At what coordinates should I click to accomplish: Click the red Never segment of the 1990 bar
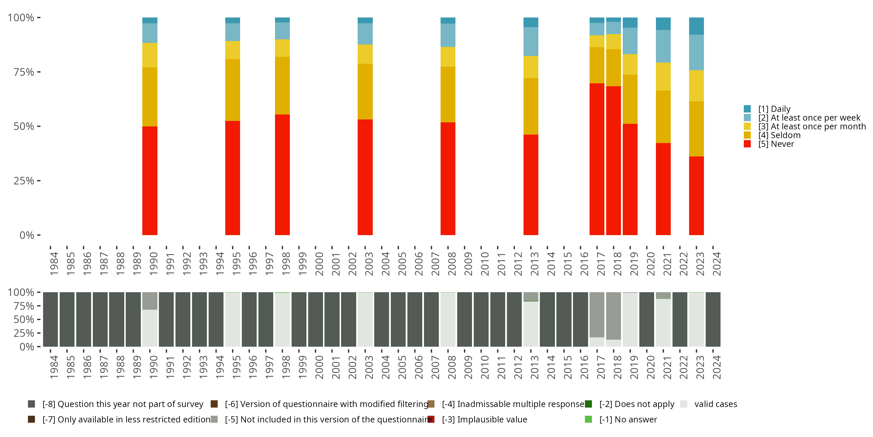pyautogui.click(x=150, y=181)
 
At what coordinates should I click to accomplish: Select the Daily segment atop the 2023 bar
pyautogui.click(x=696, y=26)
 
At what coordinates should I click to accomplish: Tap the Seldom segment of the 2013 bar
pyautogui.click(x=531, y=106)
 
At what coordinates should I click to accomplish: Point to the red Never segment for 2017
pyautogui.click(x=597, y=159)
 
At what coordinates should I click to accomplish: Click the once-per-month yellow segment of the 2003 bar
pyautogui.click(x=365, y=54)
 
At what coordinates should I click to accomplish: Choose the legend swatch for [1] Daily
pyautogui.click(x=747, y=109)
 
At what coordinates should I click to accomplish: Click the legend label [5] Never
pyautogui.click(x=776, y=144)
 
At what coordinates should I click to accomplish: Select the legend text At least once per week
pyautogui.click(x=815, y=118)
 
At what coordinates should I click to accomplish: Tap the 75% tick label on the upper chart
pyautogui.click(x=24, y=72)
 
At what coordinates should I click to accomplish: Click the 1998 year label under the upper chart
pyautogui.click(x=286, y=264)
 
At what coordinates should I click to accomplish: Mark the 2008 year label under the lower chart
pyautogui.click(x=451, y=367)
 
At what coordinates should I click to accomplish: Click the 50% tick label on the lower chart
pyautogui.click(x=24, y=319)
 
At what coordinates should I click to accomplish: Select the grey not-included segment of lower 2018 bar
pyautogui.click(x=613, y=316)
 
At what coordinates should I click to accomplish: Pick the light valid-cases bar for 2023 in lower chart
pyautogui.click(x=696, y=319)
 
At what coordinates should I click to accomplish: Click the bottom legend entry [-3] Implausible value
pyautogui.click(x=484, y=419)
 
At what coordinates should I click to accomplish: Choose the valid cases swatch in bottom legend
pyautogui.click(x=684, y=404)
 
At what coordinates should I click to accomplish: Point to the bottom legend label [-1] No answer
pyautogui.click(x=628, y=419)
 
